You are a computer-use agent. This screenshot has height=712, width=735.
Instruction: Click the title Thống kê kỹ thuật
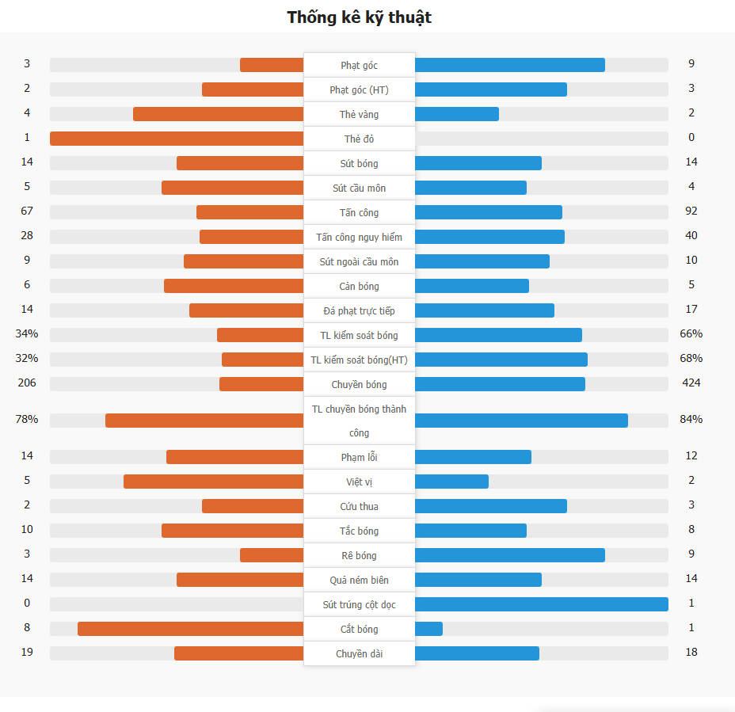[359, 17]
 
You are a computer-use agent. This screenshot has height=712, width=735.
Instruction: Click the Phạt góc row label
[359, 65]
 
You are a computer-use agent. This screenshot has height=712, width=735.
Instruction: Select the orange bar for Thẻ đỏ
[177, 139]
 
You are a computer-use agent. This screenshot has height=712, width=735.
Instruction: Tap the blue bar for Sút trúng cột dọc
[541, 604]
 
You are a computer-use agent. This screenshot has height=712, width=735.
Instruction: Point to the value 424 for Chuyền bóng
[691, 383]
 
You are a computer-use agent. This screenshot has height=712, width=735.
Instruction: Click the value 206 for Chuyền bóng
[27, 383]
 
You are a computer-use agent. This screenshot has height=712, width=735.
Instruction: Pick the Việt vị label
[359, 482]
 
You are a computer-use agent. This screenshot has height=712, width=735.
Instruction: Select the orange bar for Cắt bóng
[190, 629]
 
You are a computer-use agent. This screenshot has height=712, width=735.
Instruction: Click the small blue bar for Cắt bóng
[428, 629]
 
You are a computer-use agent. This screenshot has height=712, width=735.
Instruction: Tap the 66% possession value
[691, 334]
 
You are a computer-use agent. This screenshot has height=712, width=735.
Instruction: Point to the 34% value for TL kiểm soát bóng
[27, 334]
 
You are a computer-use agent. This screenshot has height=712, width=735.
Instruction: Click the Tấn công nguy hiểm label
[359, 237]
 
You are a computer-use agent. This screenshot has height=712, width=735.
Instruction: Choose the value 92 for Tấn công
[691, 211]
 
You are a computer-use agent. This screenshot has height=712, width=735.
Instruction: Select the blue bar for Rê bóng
[509, 555]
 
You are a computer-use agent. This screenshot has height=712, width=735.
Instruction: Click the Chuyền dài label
[359, 653]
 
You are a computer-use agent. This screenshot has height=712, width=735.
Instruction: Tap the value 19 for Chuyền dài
[27, 653]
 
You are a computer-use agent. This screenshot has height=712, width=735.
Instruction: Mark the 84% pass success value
[691, 420]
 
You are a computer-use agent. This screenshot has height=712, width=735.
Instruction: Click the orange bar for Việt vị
[213, 482]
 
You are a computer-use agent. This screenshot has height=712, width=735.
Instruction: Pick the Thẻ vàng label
[359, 114]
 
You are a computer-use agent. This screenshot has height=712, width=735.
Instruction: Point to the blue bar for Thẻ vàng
[456, 114]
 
